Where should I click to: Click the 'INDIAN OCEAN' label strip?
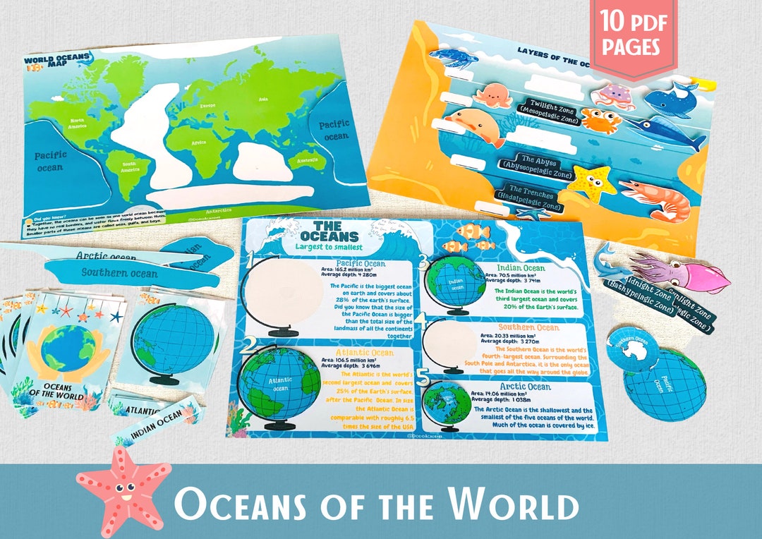(x=156, y=423)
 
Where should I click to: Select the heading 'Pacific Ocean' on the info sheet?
(x=360, y=263)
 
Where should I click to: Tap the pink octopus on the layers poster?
(x=493, y=96)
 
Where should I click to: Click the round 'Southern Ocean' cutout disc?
(x=633, y=347)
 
